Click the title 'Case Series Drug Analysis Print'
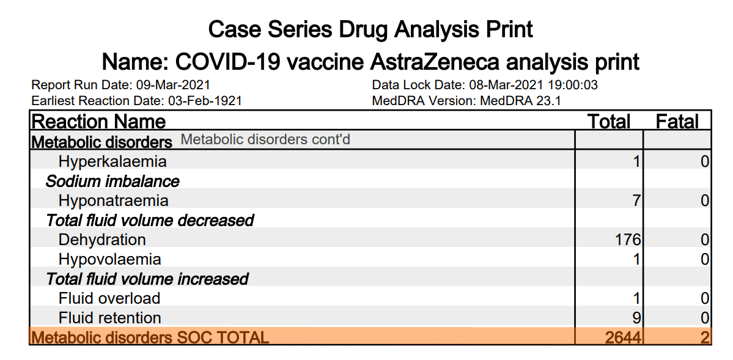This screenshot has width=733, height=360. (370, 29)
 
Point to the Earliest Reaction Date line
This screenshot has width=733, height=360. (136, 100)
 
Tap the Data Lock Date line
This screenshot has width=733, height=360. (485, 85)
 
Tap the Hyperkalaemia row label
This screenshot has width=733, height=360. (112, 162)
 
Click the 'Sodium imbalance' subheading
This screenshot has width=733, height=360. (112, 182)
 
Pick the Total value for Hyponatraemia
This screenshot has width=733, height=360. (636, 201)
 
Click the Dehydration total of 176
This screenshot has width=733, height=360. (628, 240)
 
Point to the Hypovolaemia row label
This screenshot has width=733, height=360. (110, 259)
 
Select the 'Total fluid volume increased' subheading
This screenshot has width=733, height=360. (147, 279)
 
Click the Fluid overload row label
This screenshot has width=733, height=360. (109, 298)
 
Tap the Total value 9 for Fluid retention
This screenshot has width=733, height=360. (636, 318)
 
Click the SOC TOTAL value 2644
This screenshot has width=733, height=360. (624, 337)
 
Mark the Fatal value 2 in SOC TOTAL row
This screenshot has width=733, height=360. (705, 337)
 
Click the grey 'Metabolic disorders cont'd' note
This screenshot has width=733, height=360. (265, 140)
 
